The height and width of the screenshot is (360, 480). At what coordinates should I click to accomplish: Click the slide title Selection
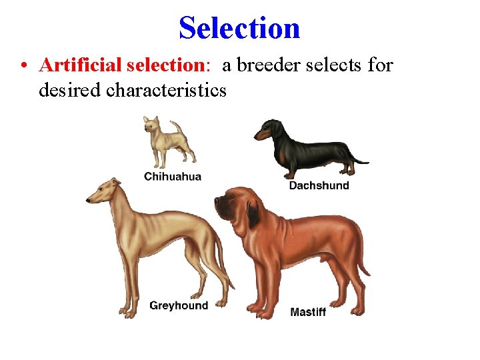(239, 28)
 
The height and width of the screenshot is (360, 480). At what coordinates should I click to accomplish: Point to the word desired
(70, 89)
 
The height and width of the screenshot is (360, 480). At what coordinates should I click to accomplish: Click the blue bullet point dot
(24, 66)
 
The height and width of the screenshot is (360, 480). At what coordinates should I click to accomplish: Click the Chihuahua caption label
(173, 177)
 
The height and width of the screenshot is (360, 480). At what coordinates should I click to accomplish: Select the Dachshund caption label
(319, 185)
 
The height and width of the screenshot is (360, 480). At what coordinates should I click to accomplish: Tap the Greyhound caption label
(179, 305)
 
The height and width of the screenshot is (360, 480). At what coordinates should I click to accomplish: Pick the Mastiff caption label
(308, 311)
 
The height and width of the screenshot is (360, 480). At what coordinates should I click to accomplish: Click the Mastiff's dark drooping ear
(253, 215)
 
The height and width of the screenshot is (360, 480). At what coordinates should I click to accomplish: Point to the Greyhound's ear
(115, 181)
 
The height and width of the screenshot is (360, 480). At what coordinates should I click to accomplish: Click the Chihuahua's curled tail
(177, 127)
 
